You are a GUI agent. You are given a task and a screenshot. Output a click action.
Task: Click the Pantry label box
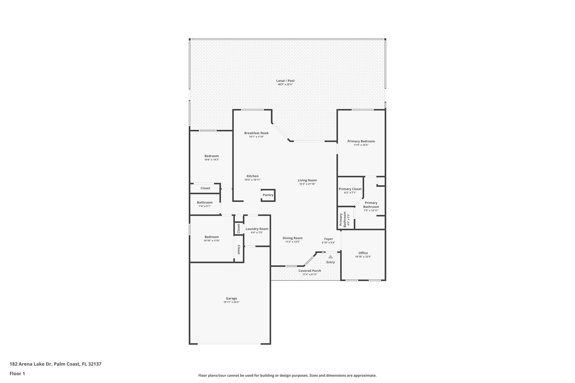pyautogui.click(x=268, y=195)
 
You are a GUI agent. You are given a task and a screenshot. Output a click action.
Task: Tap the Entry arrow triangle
pyautogui.click(x=330, y=256)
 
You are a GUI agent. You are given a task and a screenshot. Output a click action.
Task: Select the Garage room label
pyautogui.click(x=231, y=298)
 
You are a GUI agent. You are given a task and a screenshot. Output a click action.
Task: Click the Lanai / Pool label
pyautogui.click(x=285, y=81)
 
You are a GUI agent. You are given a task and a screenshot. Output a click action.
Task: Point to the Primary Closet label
pyautogui.click(x=350, y=189)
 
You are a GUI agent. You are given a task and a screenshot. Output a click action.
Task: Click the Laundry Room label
pyautogui.click(x=257, y=229)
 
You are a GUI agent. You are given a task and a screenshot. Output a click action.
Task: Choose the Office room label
pyautogui.click(x=363, y=253)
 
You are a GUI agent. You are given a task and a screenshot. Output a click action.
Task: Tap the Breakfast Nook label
pyautogui.click(x=256, y=133)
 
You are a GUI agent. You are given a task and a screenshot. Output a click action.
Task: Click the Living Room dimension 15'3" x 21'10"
pyautogui.click(x=307, y=184)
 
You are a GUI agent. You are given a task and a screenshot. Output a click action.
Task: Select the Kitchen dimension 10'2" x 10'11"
pyautogui.click(x=252, y=180)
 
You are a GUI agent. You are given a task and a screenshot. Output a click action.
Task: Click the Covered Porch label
pyautogui.click(x=309, y=271)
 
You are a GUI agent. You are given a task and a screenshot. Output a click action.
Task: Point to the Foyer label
pyautogui.click(x=328, y=239)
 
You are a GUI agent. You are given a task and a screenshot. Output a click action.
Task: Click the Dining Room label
pyautogui.click(x=292, y=238)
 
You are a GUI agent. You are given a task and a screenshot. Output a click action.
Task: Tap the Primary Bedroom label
pyautogui.click(x=361, y=141)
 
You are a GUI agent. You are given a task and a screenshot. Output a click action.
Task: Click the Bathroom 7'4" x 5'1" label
pyautogui.click(x=204, y=203)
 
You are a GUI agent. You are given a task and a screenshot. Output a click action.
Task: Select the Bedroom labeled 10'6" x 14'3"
pyautogui.click(x=211, y=156)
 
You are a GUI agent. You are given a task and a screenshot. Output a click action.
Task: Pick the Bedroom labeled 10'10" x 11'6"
pyautogui.click(x=211, y=237)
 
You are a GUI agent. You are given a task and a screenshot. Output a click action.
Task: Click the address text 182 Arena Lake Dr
pyautogui.click(x=31, y=364)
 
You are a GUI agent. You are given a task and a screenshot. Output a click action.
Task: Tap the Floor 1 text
pyautogui.click(x=17, y=373)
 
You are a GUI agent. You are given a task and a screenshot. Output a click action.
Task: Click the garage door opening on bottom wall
pyautogui.click(x=229, y=344)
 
